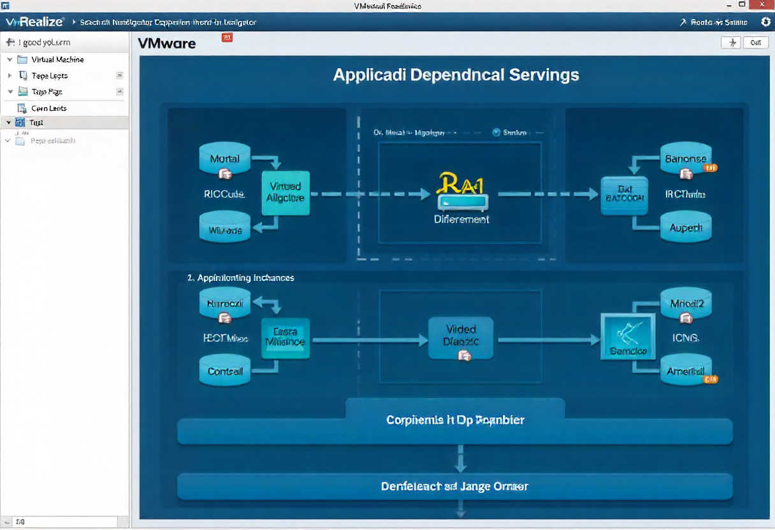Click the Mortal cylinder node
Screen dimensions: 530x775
tap(225, 159)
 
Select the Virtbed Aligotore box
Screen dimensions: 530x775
tap(286, 192)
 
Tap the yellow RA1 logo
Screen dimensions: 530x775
tap(460, 185)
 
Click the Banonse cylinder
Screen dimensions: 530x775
tap(685, 159)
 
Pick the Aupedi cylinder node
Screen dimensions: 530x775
tap(685, 227)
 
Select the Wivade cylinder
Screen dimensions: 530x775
tap(225, 229)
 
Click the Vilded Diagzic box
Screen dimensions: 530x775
tap(461, 336)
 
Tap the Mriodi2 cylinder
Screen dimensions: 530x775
tap(686, 304)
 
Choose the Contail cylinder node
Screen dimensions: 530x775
tap(225, 371)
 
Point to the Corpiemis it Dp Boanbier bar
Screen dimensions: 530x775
tap(454, 421)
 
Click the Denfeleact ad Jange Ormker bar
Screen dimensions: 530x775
tap(454, 486)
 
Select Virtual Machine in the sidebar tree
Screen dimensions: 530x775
tap(57, 59)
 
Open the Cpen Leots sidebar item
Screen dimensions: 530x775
tap(48, 108)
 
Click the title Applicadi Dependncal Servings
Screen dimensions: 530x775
tap(456, 75)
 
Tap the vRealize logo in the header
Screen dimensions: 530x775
tap(34, 22)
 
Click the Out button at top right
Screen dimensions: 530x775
tap(755, 43)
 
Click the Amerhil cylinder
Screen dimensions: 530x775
tap(686, 371)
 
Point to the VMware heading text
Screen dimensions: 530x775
tap(167, 44)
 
